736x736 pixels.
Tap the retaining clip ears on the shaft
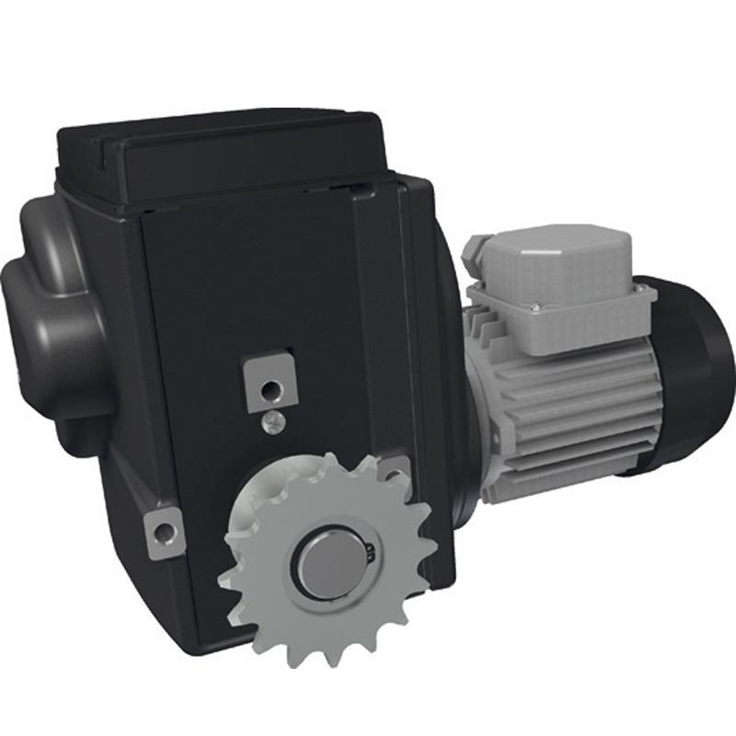coord(369,552)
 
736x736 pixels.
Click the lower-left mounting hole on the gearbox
coord(164,532)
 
